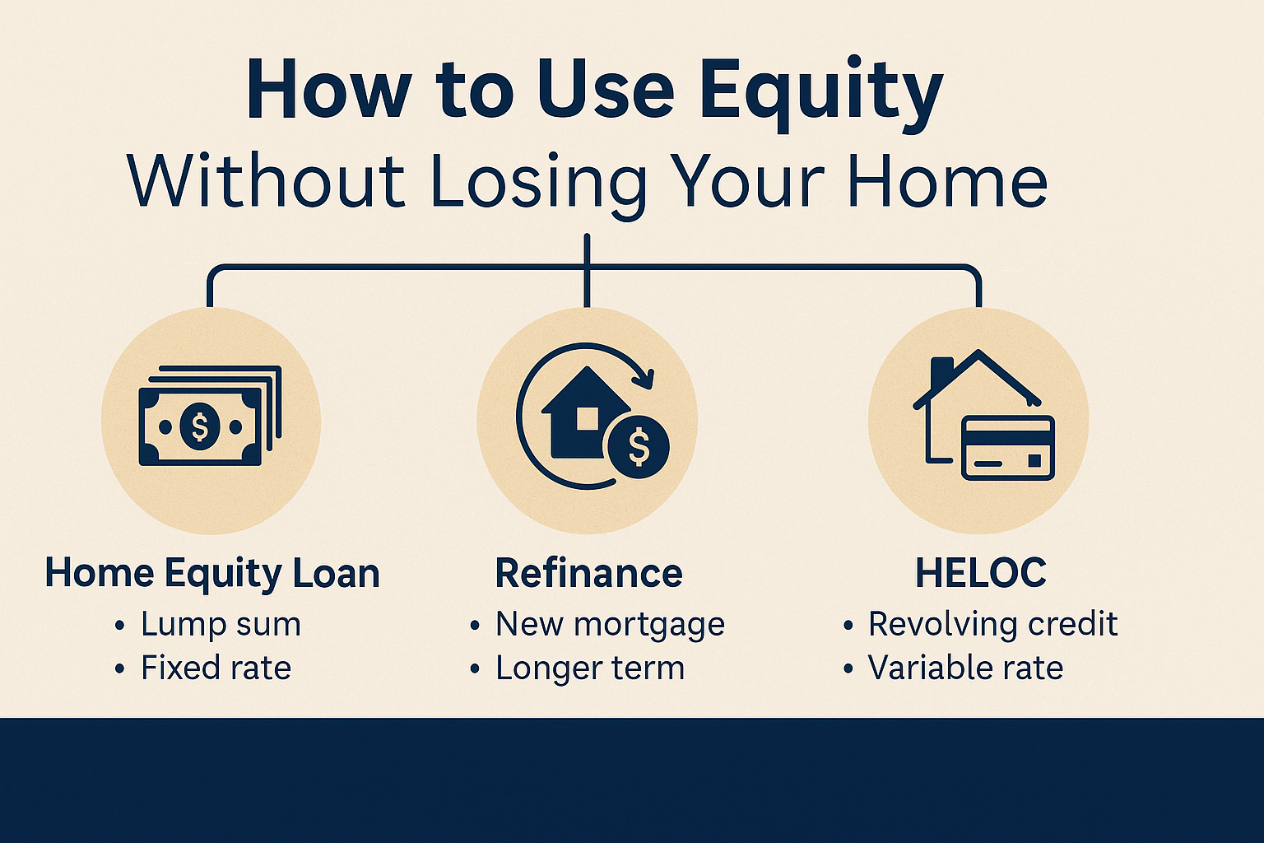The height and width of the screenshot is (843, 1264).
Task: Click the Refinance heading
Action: tap(588, 573)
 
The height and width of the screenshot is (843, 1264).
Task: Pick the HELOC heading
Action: tap(981, 573)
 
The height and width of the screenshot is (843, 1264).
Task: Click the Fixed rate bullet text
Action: tap(216, 668)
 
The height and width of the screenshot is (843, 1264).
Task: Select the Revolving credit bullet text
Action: tap(992, 624)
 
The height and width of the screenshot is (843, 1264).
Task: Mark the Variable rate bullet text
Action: tap(965, 668)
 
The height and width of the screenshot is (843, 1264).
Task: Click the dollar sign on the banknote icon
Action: tap(199, 426)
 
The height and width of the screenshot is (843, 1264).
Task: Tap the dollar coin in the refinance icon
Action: tap(639, 447)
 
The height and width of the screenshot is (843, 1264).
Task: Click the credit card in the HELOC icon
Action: tap(1008, 449)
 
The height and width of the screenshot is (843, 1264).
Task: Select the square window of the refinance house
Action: tap(587, 418)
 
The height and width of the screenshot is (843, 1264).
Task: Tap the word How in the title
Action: tap(327, 91)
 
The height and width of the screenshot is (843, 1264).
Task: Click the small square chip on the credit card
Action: tap(1034, 461)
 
